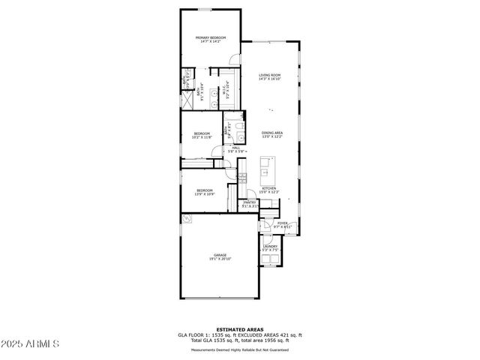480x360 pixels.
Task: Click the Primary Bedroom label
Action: point(211,39)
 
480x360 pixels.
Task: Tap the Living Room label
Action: point(269,76)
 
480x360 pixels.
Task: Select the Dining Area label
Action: point(271,134)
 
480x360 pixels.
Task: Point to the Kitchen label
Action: point(269,190)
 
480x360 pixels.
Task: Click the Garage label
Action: point(220,256)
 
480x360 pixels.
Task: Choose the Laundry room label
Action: point(270,247)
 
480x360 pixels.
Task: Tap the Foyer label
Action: point(283,224)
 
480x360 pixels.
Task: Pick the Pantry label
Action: point(250,204)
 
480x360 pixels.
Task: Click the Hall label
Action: point(235,150)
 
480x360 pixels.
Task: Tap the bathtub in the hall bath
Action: point(235,118)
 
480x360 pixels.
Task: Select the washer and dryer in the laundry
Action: point(270,259)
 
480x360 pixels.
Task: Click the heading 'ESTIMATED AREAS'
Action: point(240,329)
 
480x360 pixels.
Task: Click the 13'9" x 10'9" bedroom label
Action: point(205,193)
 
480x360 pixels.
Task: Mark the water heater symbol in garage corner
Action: point(188,220)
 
